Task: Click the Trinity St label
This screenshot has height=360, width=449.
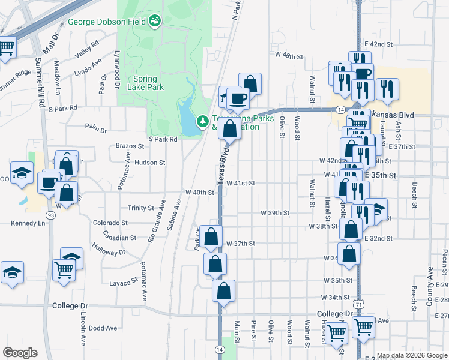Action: [141, 208]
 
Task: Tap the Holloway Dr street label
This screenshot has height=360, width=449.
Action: [109, 249]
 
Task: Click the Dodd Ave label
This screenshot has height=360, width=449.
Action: [103, 328]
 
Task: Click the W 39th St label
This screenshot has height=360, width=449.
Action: [275, 213]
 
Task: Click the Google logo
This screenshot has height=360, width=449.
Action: [20, 353]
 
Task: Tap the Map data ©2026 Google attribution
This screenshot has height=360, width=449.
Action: [412, 355]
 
